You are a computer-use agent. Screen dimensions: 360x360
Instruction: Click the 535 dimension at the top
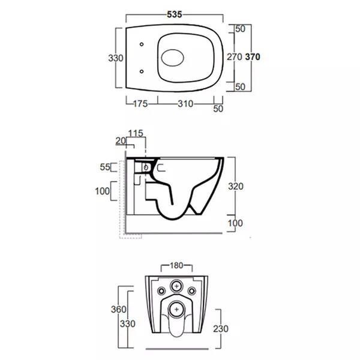(x=175, y=14)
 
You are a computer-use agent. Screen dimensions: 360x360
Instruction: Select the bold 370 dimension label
(x=253, y=57)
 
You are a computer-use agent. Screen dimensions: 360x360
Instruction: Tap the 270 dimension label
(x=235, y=57)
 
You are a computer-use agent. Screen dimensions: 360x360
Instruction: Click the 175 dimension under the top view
(x=140, y=104)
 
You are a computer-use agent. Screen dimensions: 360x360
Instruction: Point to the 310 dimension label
(x=185, y=104)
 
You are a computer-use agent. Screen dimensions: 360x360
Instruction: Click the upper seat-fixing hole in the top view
(x=142, y=44)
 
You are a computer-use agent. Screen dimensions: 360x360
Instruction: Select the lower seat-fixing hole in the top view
(x=142, y=71)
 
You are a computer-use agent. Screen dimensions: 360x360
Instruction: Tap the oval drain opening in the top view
(x=172, y=58)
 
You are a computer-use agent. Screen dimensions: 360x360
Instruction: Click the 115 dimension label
(x=136, y=133)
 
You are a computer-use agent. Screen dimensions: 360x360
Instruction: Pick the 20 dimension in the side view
(x=121, y=141)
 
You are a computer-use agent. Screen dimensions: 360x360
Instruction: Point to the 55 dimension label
(x=105, y=167)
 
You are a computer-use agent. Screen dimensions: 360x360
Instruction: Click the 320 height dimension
(x=236, y=187)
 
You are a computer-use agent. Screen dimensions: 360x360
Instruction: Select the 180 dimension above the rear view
(x=176, y=266)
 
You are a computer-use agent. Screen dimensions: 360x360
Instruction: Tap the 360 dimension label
(x=118, y=310)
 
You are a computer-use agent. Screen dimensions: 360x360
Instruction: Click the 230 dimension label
(x=221, y=329)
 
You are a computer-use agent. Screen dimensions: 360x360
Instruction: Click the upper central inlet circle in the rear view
(x=176, y=286)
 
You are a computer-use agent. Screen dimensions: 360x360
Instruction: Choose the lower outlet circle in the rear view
(x=176, y=309)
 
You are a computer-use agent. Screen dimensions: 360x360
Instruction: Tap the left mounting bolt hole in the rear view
(x=161, y=291)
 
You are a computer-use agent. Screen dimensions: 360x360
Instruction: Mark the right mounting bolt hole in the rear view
(x=191, y=291)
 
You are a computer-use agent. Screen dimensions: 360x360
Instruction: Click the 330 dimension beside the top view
(x=116, y=58)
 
